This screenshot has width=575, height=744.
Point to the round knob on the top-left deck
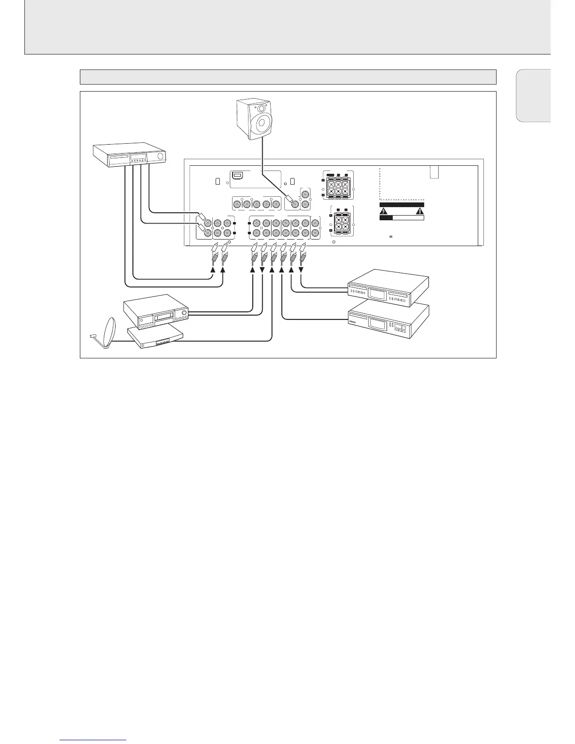click(x=161, y=157)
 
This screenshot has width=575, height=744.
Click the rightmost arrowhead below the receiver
click(x=302, y=269)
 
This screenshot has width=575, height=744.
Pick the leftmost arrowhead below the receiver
click(x=213, y=269)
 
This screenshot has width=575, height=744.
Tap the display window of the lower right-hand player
click(x=376, y=324)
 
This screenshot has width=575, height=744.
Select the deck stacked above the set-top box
click(x=155, y=312)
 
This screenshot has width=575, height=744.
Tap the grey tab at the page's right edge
click(x=533, y=95)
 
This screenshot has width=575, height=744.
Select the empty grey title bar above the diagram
click(x=288, y=77)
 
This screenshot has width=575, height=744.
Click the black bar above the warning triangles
click(x=402, y=205)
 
